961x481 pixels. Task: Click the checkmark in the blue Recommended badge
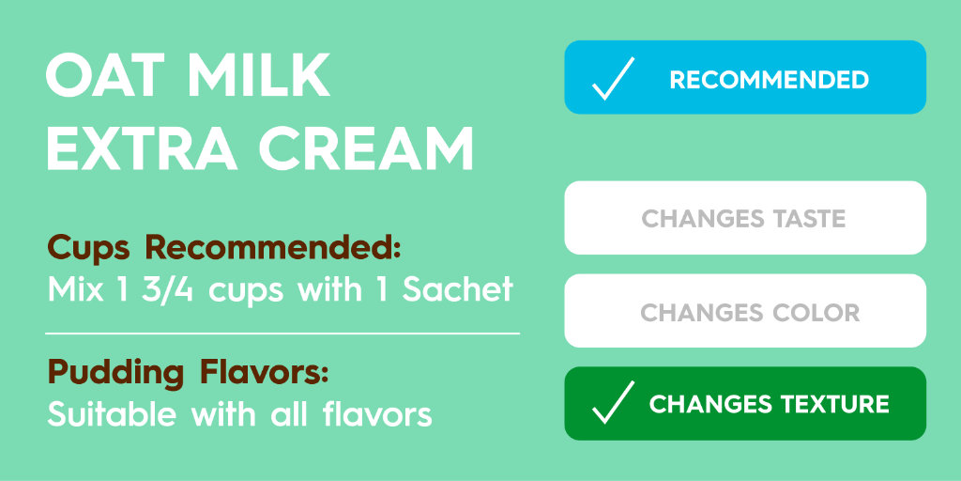(x=613, y=79)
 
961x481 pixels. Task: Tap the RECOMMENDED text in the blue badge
(x=769, y=80)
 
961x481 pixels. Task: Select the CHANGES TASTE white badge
(x=744, y=219)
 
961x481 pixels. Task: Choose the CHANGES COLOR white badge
(x=744, y=312)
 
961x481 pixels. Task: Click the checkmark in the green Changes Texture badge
(x=613, y=403)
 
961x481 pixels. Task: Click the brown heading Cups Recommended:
(x=224, y=250)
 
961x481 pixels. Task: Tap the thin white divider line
(x=282, y=333)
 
